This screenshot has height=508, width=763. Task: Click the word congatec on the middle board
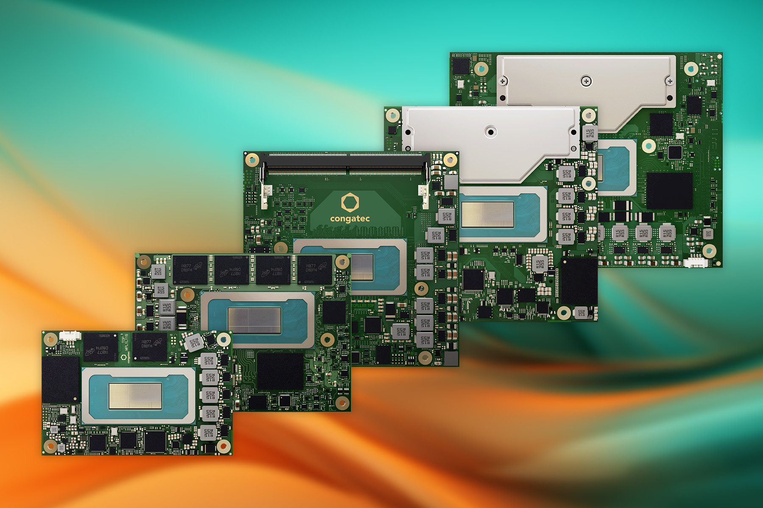coord(350,219)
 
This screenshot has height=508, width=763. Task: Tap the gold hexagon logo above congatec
coord(350,202)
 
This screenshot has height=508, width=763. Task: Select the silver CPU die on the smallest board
coord(135,396)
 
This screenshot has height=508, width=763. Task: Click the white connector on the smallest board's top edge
coord(70,336)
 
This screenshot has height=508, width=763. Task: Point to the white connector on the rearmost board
coord(696,263)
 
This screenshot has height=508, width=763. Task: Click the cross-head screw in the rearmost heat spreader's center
coord(586,80)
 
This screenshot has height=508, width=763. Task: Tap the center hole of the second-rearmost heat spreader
coord(490,132)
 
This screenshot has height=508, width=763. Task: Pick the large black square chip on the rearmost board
coord(669,190)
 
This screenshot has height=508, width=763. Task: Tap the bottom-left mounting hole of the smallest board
coord(51,446)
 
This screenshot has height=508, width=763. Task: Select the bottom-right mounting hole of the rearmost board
coord(709,251)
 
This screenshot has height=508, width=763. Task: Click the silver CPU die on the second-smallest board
coord(254,320)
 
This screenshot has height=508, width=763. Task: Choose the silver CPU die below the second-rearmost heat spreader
coord(487,214)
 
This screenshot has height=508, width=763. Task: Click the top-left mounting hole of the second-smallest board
coord(145,262)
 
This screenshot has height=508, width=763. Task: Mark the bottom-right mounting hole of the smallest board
coord(223,445)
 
